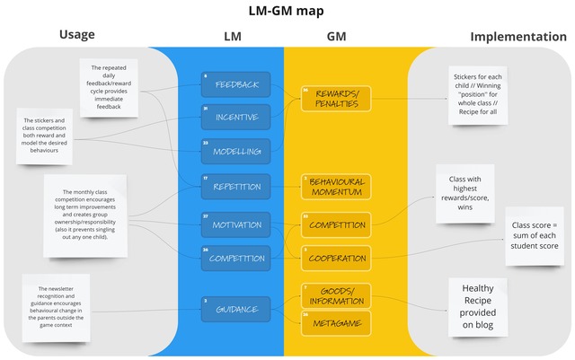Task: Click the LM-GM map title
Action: pos(287,11)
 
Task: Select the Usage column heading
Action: pos(77,35)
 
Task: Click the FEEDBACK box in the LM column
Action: pos(235,84)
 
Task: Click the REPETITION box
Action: pos(235,187)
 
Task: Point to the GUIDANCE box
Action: pos(235,310)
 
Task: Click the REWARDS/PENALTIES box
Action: pos(336,98)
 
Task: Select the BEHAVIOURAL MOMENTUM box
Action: pos(336,187)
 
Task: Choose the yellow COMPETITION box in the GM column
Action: pos(336,224)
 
